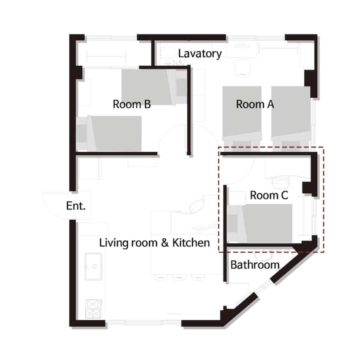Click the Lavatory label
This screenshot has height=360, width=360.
[x=199, y=54]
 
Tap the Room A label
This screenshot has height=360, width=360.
[x=255, y=104]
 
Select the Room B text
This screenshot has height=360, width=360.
[x=132, y=104]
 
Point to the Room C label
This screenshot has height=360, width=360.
[x=269, y=195]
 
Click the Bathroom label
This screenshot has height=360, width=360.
[x=255, y=265]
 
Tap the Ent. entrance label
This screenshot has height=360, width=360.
[x=76, y=206]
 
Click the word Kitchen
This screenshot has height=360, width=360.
[x=191, y=243]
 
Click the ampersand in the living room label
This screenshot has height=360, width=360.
[x=165, y=243]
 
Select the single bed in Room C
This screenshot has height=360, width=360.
[x=260, y=223]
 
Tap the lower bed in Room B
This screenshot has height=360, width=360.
[x=109, y=133]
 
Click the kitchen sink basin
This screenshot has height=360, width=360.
[x=93, y=266]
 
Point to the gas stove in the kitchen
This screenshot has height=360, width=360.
[x=93, y=309]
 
